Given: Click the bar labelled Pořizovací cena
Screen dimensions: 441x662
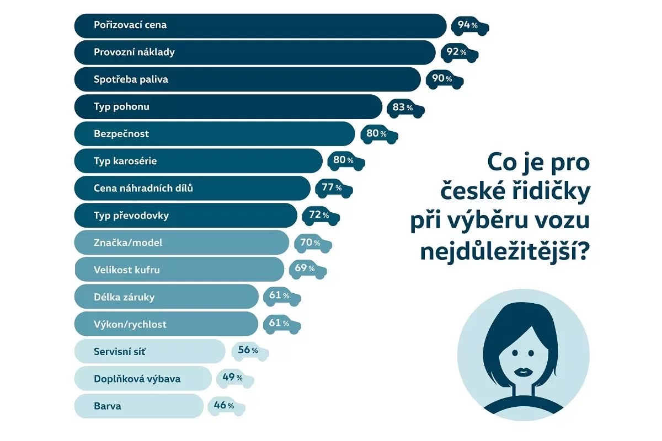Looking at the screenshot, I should pos(259,25).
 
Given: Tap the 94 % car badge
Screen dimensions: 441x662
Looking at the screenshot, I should pos(470,25).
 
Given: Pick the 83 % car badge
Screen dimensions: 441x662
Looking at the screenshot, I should pos(405,107).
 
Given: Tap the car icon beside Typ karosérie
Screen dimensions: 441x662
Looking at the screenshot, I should pos(346,160).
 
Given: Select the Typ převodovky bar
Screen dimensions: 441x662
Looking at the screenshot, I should pos(185,215).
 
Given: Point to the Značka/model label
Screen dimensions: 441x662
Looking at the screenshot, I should pos(128,243).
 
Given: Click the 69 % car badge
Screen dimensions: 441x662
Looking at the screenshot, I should pos(307,269).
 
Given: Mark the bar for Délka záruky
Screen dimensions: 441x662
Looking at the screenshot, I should pos(165,297).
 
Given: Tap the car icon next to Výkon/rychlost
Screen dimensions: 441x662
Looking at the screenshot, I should pos(282,324).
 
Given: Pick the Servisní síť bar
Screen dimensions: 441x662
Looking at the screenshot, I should pos(149,351).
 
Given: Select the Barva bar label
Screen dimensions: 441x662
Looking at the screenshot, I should pos(108,406).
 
